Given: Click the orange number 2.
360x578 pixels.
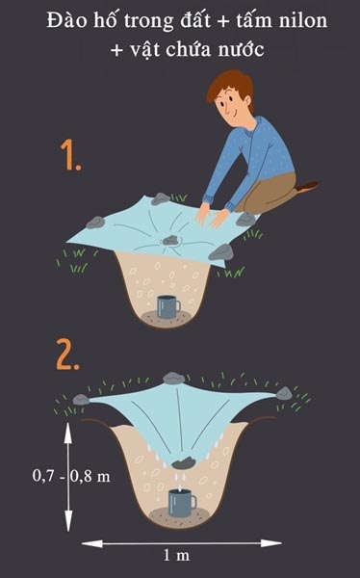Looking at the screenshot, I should click(x=68, y=355).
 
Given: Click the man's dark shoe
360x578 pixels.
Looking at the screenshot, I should click(x=306, y=186).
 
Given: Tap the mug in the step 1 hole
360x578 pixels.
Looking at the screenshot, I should click(x=168, y=306).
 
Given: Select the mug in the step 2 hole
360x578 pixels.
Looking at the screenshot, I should click(x=181, y=502).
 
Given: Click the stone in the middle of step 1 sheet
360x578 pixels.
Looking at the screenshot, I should click(x=170, y=239).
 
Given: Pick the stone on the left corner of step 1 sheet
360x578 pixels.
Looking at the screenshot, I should click(x=95, y=223).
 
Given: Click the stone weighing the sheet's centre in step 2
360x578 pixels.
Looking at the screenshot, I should click(x=187, y=460).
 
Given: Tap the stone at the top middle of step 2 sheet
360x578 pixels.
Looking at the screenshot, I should click(x=173, y=378).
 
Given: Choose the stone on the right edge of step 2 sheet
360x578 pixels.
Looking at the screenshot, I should click(x=283, y=393).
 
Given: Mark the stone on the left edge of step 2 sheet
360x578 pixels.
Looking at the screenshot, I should click(x=81, y=398).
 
